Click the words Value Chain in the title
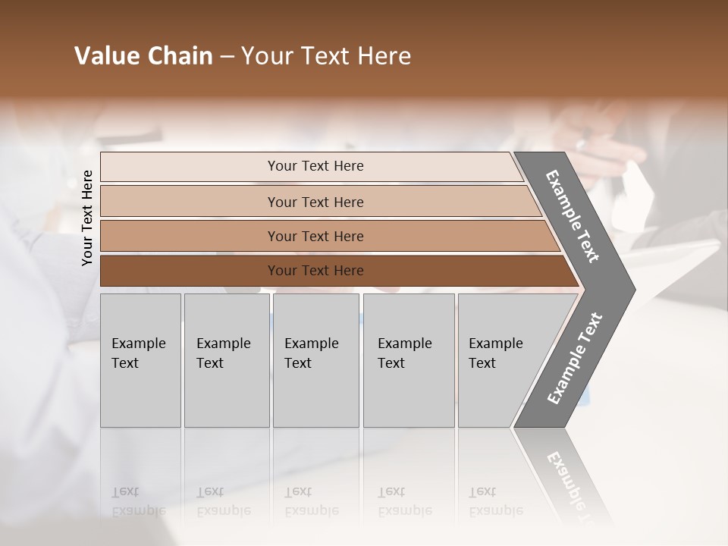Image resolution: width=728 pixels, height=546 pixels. coord(143,56)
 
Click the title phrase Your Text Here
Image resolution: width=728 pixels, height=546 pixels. coord(326,56)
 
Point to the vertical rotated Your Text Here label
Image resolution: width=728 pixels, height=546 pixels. coord(87,218)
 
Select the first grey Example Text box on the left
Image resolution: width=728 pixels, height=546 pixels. coord(140,360)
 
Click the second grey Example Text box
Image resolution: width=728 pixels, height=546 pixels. coord(227,360)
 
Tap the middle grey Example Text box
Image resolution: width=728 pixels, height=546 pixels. coord(315,360)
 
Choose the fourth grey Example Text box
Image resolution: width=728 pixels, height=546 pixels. coord(409,360)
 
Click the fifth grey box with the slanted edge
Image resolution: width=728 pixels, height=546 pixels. coord(504,360)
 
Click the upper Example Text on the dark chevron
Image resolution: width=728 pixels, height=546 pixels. coord(573,216)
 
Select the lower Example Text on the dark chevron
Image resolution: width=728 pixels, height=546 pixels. coord(574,359)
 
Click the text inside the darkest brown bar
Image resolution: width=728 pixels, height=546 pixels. coord(315,271)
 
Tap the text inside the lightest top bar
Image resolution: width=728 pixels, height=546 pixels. coord(315,166)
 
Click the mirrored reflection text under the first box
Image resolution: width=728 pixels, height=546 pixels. coord(138,501)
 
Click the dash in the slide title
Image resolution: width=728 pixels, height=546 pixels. coord(227,57)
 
